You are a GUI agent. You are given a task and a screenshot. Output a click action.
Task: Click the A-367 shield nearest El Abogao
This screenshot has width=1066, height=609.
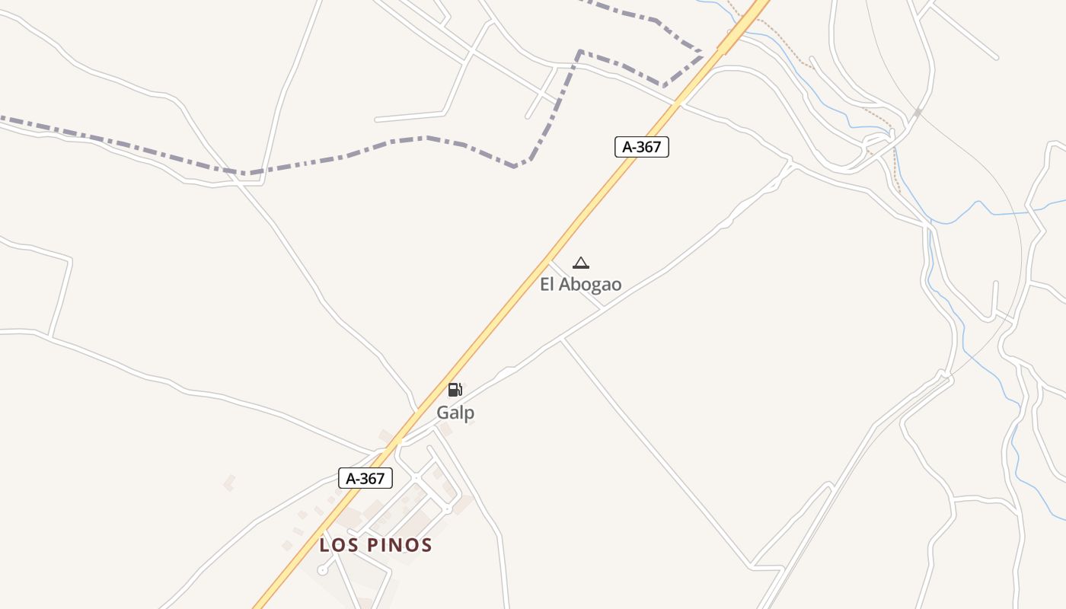(x=641, y=147)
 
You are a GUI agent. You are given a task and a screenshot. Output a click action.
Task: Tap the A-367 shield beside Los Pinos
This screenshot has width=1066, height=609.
(x=365, y=478)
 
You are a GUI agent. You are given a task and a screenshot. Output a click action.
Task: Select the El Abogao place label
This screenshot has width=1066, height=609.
(x=580, y=285)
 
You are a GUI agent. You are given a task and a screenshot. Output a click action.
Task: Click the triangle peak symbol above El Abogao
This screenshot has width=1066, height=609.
(x=581, y=263)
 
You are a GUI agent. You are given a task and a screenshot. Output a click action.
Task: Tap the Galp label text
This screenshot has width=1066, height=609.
(x=455, y=413)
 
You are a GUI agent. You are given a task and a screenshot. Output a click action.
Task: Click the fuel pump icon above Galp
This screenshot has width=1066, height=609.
(x=455, y=390)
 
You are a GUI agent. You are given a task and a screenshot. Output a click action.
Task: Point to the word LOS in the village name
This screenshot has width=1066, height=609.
(x=340, y=545)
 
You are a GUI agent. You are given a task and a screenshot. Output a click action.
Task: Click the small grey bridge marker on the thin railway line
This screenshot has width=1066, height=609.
(x=918, y=113)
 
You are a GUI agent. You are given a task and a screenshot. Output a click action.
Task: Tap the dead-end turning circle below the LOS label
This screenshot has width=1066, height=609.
(x=322, y=569)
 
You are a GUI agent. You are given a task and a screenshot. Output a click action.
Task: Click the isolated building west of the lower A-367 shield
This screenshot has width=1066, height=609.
(x=228, y=482)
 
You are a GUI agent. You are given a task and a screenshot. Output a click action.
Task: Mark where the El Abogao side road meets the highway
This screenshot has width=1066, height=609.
(x=550, y=263)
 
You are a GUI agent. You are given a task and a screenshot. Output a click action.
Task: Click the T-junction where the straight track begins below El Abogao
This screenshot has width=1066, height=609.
(x=562, y=340)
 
